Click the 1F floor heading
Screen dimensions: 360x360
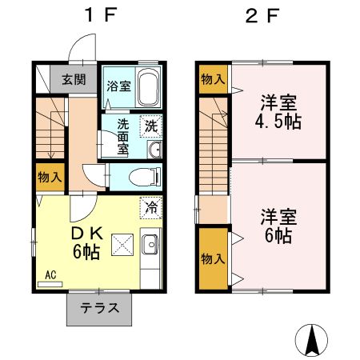click(101, 15)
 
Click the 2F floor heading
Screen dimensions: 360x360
click(262, 15)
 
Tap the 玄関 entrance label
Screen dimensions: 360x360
click(74, 79)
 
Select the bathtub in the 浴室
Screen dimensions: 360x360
click(147, 86)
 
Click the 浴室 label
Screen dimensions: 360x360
click(118, 86)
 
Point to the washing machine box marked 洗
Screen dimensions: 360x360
click(151, 126)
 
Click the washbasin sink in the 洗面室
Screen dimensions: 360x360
click(154, 150)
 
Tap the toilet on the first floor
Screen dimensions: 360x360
click(146, 176)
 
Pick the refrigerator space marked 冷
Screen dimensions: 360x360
click(151, 207)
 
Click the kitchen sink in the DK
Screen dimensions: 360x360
click(150, 244)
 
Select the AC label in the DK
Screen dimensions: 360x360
click(50, 274)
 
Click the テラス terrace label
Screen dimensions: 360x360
click(100, 308)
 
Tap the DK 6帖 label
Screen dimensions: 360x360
click(86, 242)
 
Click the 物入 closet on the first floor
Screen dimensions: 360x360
click(50, 177)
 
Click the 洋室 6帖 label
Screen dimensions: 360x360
click(278, 226)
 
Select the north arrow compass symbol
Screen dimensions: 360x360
click(311, 340)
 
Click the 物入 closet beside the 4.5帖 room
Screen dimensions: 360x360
click(214, 79)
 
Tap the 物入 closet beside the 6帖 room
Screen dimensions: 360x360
click(214, 258)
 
